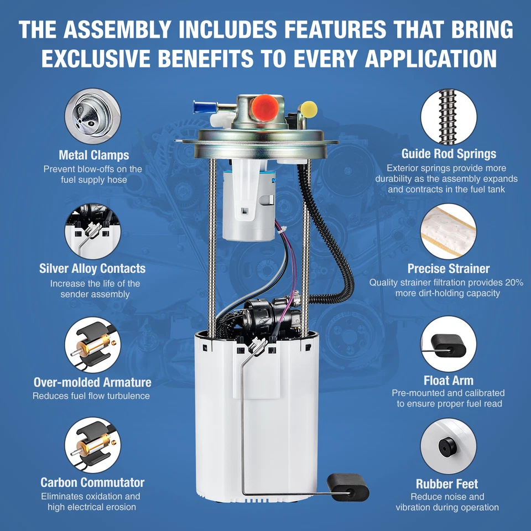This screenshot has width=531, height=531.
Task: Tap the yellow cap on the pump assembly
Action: coord(309,110)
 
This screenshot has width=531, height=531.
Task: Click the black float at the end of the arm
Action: coord(348,487)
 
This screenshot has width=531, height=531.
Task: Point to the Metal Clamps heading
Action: coord(94,155)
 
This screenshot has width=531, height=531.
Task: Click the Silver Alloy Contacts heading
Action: coord(92,268)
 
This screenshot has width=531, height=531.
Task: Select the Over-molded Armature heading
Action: coord(92,382)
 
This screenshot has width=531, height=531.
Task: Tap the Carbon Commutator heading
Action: coord(92,482)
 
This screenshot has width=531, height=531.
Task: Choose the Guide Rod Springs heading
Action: coord(449,154)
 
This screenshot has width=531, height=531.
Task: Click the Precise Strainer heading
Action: coord(449,269)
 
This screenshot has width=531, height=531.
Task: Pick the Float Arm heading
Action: coord(449,381)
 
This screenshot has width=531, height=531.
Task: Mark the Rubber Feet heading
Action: coord(447,484)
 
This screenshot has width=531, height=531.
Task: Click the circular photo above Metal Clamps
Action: coord(92,116)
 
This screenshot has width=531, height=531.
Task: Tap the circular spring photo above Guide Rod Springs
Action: coord(449,117)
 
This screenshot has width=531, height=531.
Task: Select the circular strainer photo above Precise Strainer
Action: coord(449,231)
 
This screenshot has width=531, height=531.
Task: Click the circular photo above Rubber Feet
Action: coord(449,446)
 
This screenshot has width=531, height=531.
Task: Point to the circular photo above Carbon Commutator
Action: coord(92,445)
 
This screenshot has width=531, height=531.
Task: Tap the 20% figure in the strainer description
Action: coord(514,283)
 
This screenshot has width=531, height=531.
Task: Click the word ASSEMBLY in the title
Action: coord(117,29)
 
